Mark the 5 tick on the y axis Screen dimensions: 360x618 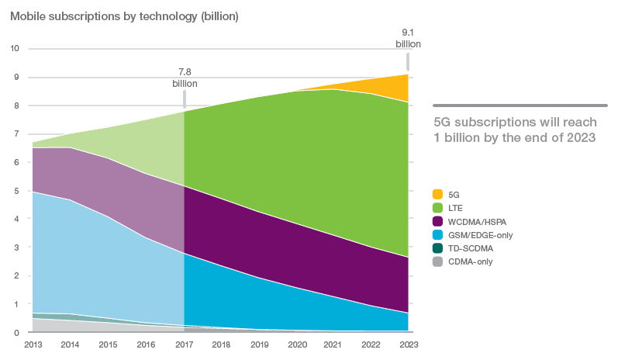pyautogui.click(x=16, y=191)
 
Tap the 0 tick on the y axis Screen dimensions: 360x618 pyautogui.click(x=16, y=333)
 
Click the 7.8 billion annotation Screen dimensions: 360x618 pyautogui.click(x=185, y=78)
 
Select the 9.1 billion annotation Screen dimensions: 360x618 pyautogui.click(x=408, y=38)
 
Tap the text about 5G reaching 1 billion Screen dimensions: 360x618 pyautogui.click(x=514, y=129)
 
